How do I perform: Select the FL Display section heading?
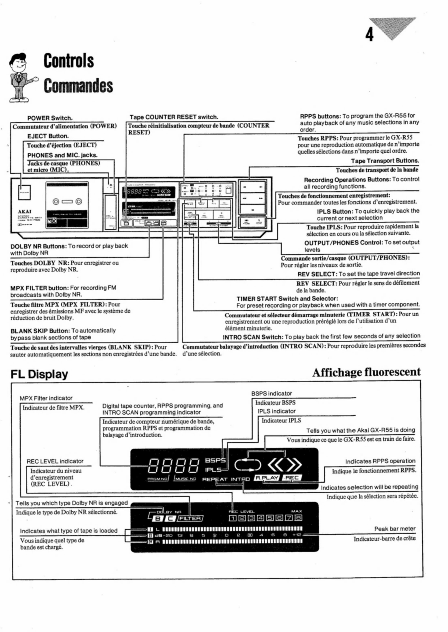pos(39,374)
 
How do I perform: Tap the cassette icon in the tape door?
pos(67,201)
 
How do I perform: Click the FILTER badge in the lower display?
pos(190,519)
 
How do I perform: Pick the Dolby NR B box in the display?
pos(158,519)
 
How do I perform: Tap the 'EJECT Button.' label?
pos(48,136)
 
